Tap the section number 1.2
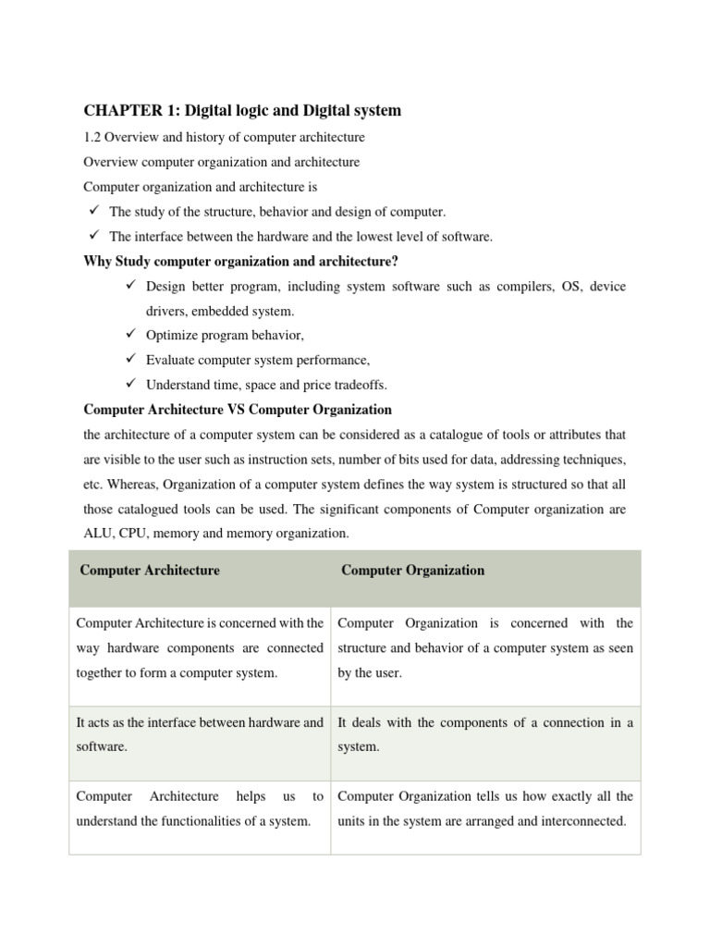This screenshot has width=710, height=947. coord(93,138)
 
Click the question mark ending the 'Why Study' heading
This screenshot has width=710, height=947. coord(396,262)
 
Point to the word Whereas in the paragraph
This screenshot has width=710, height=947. coord(132,484)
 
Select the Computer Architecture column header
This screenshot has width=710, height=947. coord(150,571)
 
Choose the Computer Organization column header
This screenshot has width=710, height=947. coord(412,571)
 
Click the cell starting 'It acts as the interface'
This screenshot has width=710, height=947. coord(199,734)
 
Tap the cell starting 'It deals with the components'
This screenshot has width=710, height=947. coord(484,734)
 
